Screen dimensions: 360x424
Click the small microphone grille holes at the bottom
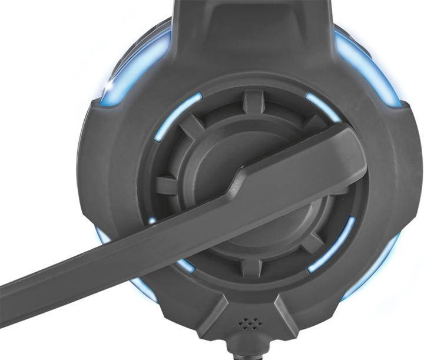(247, 323)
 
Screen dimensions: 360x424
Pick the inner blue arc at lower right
(333, 245)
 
